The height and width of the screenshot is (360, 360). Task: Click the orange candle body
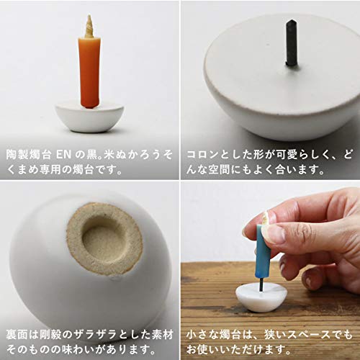click(x=89, y=72)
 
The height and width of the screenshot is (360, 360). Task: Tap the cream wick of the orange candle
click(x=89, y=27)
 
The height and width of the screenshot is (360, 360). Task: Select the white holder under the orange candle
click(x=89, y=118)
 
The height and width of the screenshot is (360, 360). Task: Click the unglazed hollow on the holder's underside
click(x=105, y=240)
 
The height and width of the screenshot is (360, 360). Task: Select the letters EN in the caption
click(x=63, y=155)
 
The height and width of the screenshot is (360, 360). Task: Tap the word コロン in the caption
click(x=203, y=155)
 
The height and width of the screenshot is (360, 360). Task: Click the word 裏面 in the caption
click(x=18, y=335)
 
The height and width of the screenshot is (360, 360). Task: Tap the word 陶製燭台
click(x=29, y=155)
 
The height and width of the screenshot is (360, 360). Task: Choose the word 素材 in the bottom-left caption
click(x=162, y=335)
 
